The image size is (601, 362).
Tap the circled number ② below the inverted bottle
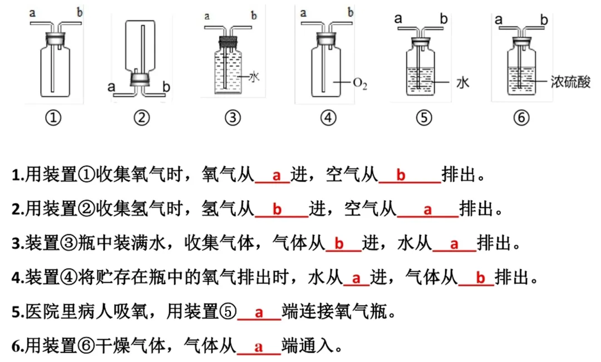click(142, 117)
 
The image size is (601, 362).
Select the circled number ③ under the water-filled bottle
click(233, 117)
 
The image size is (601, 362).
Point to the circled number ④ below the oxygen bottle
click(329, 117)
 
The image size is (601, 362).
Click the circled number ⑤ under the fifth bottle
click(424, 117)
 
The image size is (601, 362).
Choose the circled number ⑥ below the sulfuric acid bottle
click(521, 117)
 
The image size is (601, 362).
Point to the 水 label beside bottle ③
click(254, 77)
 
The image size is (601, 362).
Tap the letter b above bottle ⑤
click(444, 18)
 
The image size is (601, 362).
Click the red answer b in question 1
click(401, 176)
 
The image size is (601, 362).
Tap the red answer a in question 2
click(427, 210)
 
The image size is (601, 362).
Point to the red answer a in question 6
click(259, 347)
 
